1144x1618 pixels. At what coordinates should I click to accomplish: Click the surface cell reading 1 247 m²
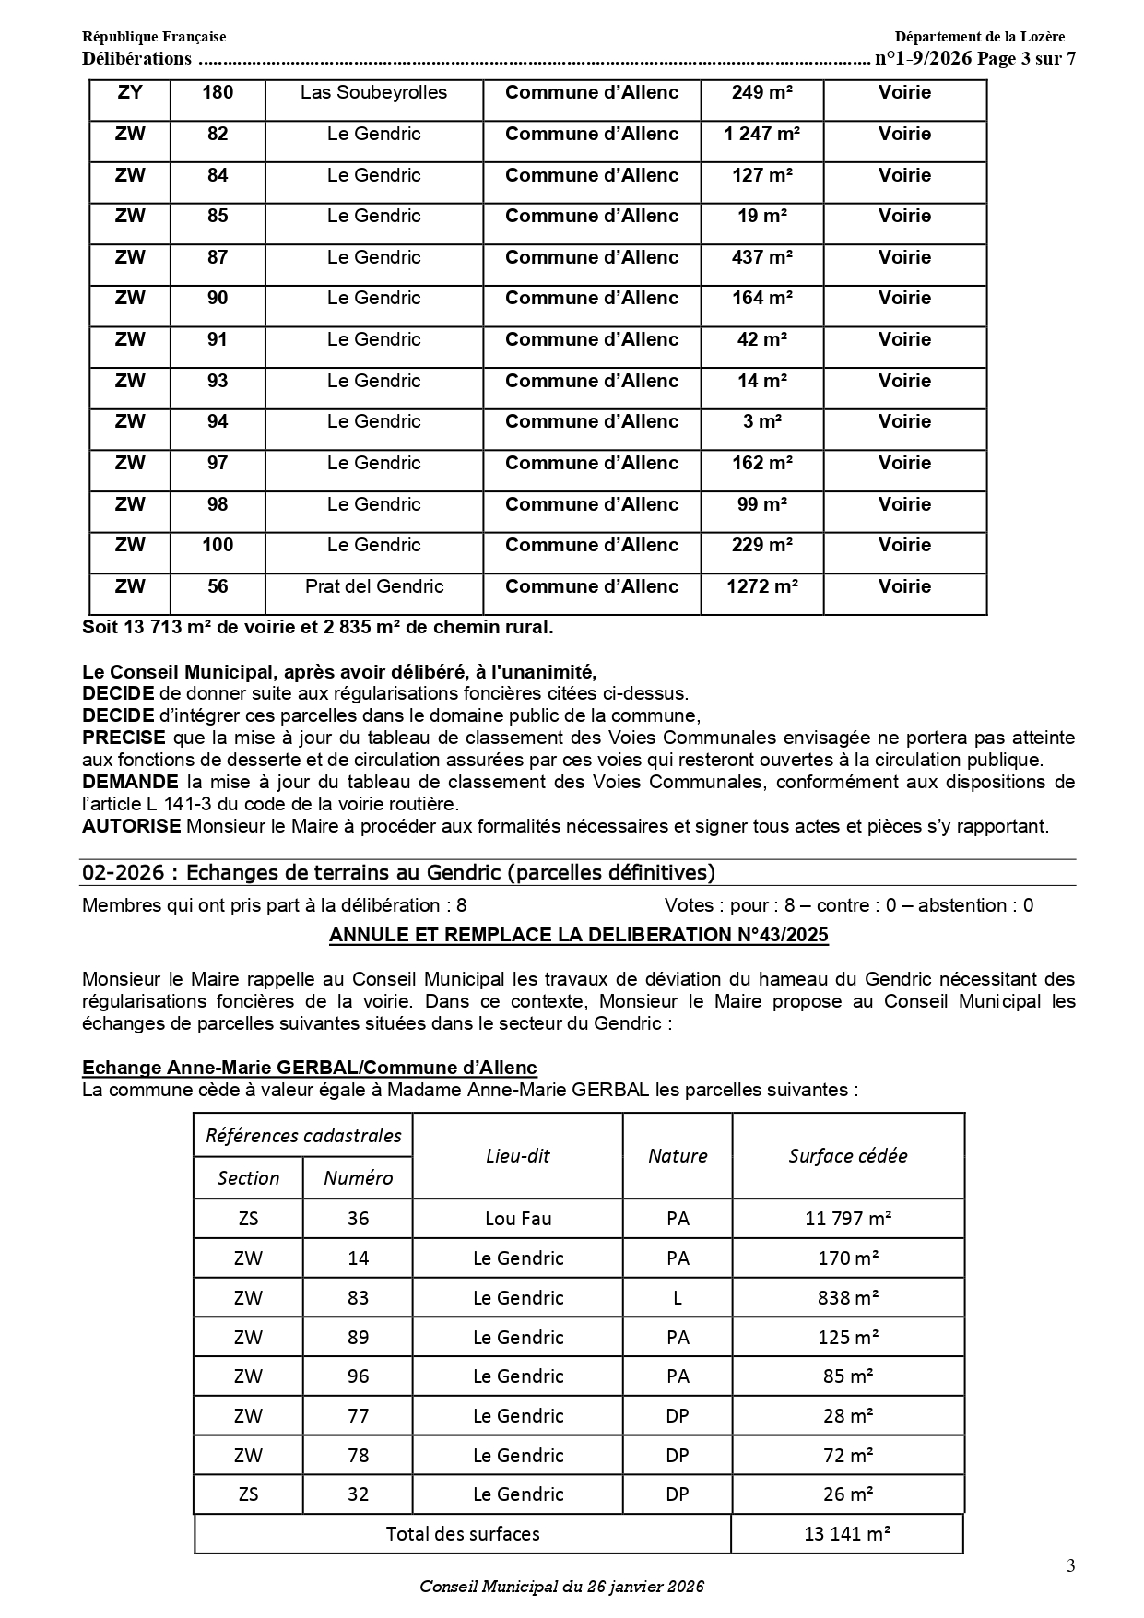[761, 134]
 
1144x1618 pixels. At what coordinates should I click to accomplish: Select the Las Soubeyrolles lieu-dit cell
[373, 92]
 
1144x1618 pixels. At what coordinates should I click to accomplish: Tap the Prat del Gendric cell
[373, 586]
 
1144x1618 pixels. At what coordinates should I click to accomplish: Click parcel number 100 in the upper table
[218, 545]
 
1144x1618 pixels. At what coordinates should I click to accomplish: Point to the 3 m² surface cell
[761, 421]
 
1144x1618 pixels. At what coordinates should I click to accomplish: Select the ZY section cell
[130, 92]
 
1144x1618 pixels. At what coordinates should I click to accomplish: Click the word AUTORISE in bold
[132, 826]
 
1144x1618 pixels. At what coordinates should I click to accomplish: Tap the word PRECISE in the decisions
[124, 738]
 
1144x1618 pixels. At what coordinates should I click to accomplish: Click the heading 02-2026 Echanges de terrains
[398, 872]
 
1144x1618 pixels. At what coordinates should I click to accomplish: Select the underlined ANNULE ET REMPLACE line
[579, 935]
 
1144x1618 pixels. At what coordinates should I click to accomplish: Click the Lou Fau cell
[518, 1219]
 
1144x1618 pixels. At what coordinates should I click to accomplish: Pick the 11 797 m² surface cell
[848, 1219]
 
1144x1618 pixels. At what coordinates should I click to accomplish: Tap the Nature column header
[678, 1156]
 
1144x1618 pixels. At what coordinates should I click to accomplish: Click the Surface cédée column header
[848, 1156]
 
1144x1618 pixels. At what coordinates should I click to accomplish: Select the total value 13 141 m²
[847, 1534]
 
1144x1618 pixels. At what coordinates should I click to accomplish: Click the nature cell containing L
[678, 1298]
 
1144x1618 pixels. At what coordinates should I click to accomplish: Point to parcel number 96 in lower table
[358, 1376]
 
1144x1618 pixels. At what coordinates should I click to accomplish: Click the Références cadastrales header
[303, 1136]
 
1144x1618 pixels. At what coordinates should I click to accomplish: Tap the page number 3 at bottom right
[1070, 1565]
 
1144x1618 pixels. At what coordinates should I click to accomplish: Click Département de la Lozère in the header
[979, 37]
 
